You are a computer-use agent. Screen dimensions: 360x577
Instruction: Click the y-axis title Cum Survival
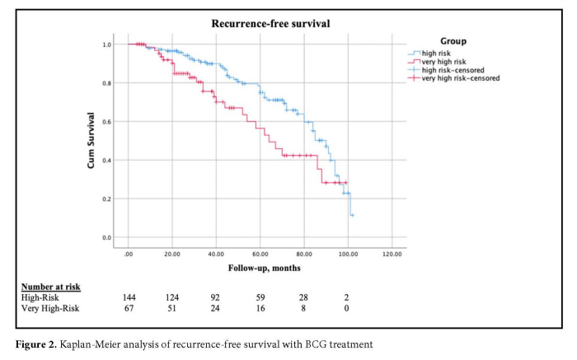91,141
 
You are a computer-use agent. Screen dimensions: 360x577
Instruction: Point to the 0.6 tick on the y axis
107,122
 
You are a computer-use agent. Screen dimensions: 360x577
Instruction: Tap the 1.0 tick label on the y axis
107,44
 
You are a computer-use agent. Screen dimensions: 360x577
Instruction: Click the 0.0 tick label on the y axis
107,238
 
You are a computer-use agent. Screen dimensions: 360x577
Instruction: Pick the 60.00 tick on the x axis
260,254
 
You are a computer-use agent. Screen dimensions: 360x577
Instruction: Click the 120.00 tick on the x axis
392,254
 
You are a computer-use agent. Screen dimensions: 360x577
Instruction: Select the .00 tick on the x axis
129,254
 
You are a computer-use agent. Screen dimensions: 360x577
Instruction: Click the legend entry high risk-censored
454,70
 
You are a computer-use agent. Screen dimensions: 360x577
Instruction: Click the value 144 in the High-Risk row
129,297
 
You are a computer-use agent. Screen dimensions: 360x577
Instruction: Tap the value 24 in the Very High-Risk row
216,308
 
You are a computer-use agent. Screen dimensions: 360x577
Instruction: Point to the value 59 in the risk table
260,297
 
